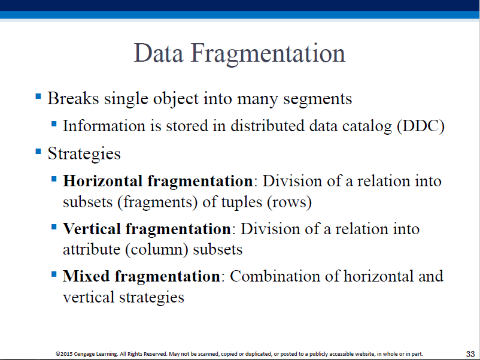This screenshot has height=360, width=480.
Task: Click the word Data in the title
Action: click(x=159, y=53)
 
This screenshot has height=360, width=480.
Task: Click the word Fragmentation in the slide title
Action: click(x=268, y=55)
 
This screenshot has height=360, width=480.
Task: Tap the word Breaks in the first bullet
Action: click(x=73, y=99)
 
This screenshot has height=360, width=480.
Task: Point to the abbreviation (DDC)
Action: click(x=421, y=126)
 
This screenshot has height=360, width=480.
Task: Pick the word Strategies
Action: click(x=84, y=154)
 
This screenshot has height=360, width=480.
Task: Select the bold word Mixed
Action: click(x=86, y=276)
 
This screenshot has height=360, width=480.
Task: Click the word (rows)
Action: click(x=290, y=202)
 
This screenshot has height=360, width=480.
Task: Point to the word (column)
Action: click(x=156, y=250)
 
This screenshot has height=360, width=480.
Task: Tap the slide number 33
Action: click(x=470, y=354)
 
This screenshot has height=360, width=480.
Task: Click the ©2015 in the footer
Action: click(x=64, y=354)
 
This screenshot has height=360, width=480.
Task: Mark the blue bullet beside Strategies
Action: click(x=38, y=152)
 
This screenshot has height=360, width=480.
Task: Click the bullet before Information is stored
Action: click(x=54, y=124)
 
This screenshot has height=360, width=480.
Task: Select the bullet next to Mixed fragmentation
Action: click(x=54, y=274)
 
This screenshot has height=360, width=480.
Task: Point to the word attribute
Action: click(x=92, y=250)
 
